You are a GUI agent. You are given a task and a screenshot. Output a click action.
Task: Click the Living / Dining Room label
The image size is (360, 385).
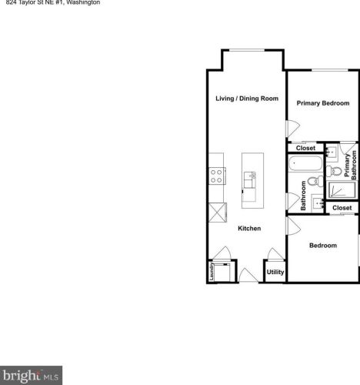(x=246, y=99)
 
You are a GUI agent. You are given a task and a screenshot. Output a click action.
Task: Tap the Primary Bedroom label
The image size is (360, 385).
(x=323, y=102)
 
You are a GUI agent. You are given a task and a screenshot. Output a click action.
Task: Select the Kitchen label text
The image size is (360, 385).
(x=249, y=228)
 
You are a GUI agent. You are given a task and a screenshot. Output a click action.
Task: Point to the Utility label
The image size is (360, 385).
(x=275, y=272)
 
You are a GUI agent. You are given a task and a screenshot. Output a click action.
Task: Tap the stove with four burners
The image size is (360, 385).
(x=216, y=176)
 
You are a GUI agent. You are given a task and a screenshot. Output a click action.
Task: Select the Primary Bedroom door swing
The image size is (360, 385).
(x=291, y=129)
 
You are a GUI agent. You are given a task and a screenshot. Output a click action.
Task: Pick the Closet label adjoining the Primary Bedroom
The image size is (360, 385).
(x=305, y=148)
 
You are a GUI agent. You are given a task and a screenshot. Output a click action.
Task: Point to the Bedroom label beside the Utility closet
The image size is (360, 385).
(x=323, y=246)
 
